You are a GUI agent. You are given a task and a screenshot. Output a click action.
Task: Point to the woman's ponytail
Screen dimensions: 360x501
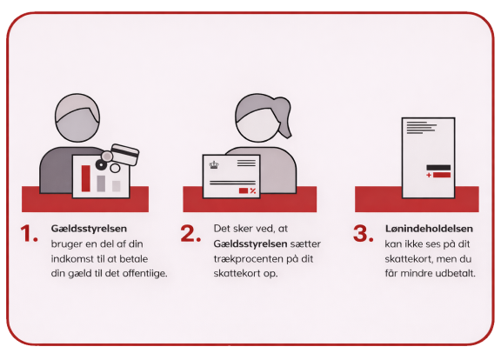282,111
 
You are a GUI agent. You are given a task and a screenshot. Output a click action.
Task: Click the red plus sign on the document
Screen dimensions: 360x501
428,175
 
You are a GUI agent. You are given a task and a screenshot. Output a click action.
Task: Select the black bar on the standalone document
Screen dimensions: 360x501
438,166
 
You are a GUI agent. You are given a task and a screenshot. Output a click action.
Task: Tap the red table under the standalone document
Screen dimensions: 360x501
418,199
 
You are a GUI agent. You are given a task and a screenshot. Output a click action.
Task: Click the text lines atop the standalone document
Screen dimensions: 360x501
421,126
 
